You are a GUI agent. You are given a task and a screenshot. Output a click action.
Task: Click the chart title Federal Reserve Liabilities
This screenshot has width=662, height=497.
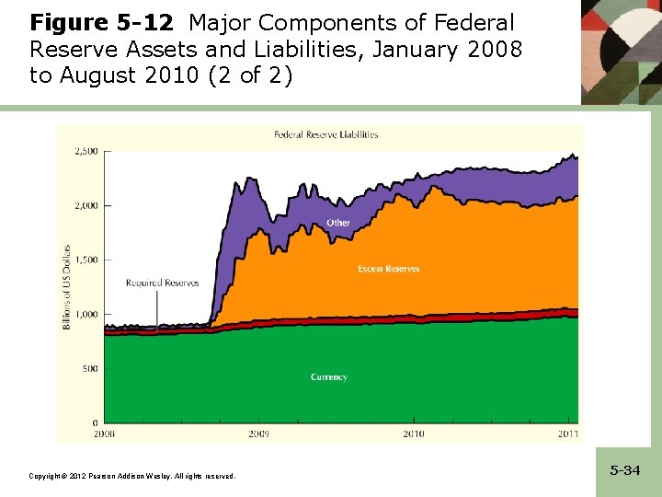[x=325, y=134]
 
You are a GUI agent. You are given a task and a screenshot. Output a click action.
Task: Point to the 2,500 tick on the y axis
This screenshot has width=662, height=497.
[x=86, y=151]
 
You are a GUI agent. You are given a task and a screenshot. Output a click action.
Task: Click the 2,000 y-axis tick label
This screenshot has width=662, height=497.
[x=86, y=205]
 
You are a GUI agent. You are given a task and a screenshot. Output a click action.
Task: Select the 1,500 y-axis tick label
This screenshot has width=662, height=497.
[x=86, y=260]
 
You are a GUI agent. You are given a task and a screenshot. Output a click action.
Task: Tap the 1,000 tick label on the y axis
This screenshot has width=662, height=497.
[x=86, y=314]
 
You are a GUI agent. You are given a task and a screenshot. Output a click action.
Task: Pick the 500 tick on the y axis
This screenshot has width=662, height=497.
[x=90, y=369]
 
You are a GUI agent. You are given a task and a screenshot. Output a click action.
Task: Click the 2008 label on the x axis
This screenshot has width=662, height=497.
[x=103, y=433]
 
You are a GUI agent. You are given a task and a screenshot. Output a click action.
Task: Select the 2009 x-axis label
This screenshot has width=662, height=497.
[x=258, y=433]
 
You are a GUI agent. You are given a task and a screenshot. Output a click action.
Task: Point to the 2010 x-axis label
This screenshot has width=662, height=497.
[x=414, y=433]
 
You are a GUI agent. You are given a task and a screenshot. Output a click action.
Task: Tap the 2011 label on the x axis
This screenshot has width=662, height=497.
[x=569, y=433]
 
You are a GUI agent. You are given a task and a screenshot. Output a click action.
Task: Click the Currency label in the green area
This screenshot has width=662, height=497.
[x=328, y=377]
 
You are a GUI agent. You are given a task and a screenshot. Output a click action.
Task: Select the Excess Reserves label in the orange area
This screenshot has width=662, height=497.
[x=388, y=269]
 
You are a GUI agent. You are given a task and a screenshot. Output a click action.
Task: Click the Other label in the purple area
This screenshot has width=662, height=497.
[x=337, y=223]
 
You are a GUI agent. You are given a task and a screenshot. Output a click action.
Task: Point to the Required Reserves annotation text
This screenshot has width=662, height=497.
[x=162, y=283]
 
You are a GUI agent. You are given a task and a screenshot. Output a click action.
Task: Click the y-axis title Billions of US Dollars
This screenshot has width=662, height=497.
[x=67, y=287]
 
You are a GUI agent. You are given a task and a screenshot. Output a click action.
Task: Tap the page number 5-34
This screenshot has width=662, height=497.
[x=624, y=470]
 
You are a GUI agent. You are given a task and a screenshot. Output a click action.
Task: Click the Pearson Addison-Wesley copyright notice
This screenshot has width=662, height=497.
[x=132, y=476]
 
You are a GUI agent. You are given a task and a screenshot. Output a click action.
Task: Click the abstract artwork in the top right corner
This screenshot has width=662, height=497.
[x=621, y=51]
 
